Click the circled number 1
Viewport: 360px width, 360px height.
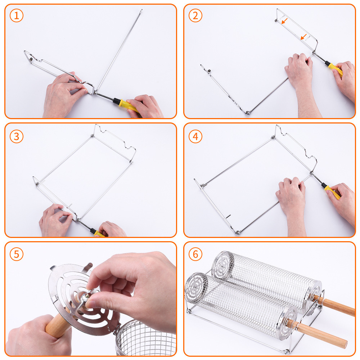17,15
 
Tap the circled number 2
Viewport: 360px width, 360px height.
195,15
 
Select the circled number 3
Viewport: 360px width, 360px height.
17,136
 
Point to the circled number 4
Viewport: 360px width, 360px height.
195,136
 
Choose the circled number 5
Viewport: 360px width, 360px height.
17,254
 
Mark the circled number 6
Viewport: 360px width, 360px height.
195,254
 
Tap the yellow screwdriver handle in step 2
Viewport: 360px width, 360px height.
335,69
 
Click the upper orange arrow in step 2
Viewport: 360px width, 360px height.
284,21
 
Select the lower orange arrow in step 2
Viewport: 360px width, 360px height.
303,37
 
